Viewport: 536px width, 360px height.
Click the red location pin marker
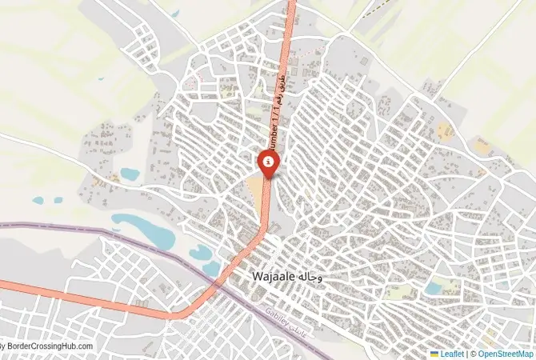[268, 164]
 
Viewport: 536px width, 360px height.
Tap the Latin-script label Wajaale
[272, 276]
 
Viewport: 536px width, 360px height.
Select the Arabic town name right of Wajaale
[310, 276]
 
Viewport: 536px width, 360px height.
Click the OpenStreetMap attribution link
[505, 353]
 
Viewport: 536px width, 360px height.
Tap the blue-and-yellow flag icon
[434, 353]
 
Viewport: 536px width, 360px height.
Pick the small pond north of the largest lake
[129, 173]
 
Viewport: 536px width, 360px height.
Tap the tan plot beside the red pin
[256, 190]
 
